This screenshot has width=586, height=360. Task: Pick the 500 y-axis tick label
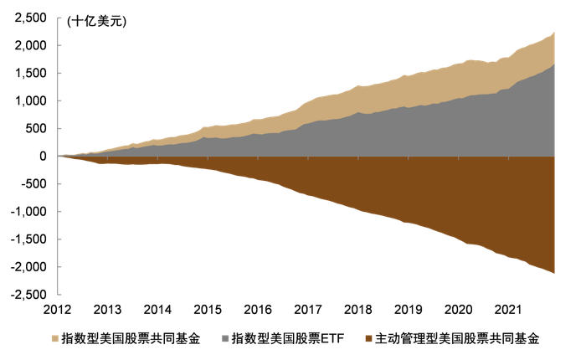coord(38,128)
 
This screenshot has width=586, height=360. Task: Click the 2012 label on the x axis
coord(59,308)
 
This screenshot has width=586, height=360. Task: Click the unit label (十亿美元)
coord(96,22)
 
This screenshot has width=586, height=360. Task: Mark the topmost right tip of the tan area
coord(553,33)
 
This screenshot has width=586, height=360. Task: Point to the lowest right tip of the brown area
coord(553,272)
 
